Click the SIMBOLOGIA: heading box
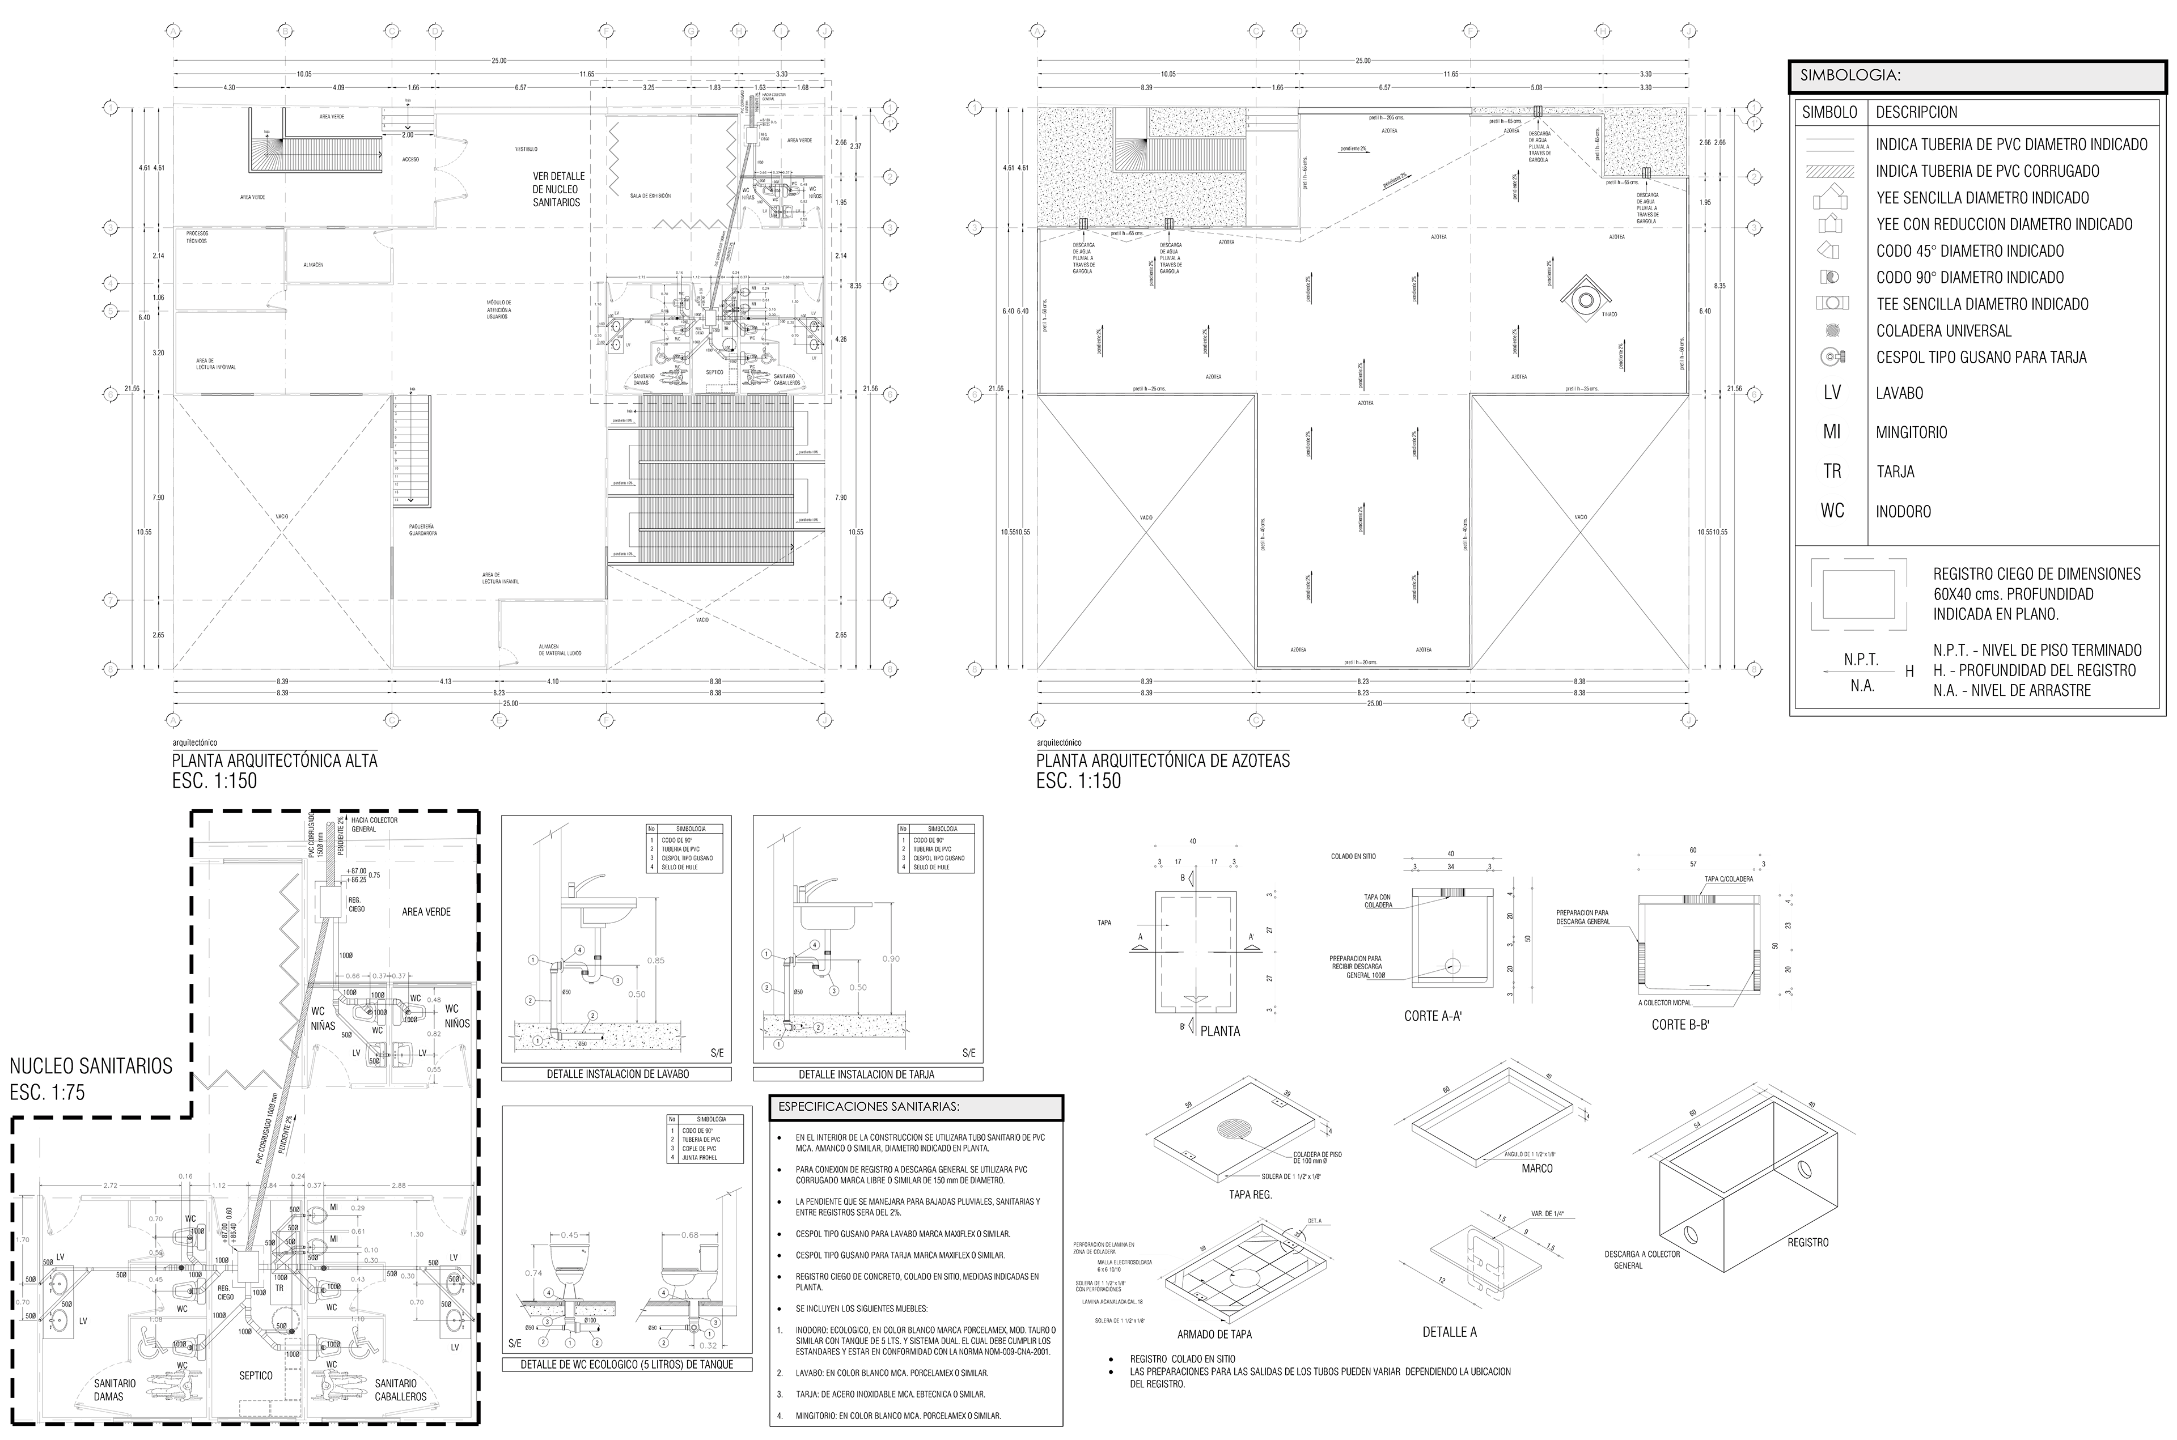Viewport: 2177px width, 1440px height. [x=1977, y=77]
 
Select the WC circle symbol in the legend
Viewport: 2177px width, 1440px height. [x=1832, y=511]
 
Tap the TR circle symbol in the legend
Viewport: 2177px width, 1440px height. [x=1832, y=471]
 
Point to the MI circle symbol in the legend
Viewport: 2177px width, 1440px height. [x=1832, y=432]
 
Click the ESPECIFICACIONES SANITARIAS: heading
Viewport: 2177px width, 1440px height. [x=916, y=1107]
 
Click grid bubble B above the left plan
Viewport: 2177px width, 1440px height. [x=286, y=31]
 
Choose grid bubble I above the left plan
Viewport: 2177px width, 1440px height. [x=782, y=31]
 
